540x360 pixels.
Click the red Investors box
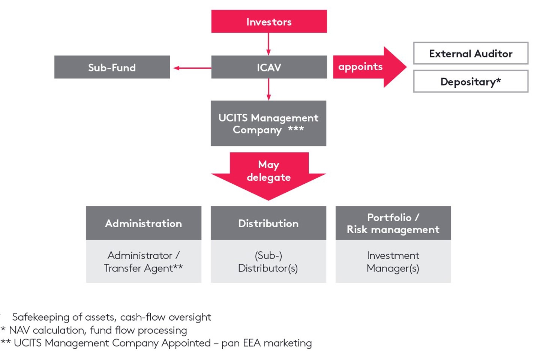[269, 21]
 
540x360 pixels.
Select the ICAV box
[269, 67]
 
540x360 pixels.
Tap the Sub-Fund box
[112, 67]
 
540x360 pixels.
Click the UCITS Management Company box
[268, 123]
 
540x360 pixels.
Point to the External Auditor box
[471, 53]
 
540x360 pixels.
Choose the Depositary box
[471, 81]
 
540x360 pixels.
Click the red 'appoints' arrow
[367, 67]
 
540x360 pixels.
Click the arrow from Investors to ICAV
[268, 44]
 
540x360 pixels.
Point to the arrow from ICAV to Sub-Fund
[191, 68]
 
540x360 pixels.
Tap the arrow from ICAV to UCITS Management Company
[268, 89]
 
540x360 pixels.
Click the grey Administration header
[144, 223]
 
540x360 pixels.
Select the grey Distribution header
[268, 223]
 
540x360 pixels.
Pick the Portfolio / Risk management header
[393, 223]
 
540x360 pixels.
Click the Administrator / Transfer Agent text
[144, 262]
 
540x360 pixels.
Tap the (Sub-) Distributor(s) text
[268, 262]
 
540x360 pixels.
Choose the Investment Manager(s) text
[393, 262]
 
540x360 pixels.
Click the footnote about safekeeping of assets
[111, 317]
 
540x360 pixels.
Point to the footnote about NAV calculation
[97, 330]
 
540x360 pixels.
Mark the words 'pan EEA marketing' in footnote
[267, 343]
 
